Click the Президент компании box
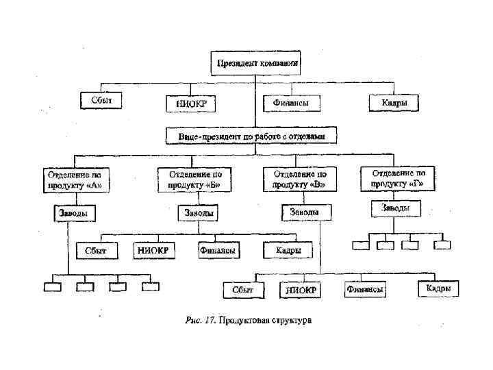257,64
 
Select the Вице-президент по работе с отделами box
253,136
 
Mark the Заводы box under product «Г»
396,207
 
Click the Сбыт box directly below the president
101,101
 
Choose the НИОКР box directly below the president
190,103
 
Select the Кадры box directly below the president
393,103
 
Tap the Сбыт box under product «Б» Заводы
96,251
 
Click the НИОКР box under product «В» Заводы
300,291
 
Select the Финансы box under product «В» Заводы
364,290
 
